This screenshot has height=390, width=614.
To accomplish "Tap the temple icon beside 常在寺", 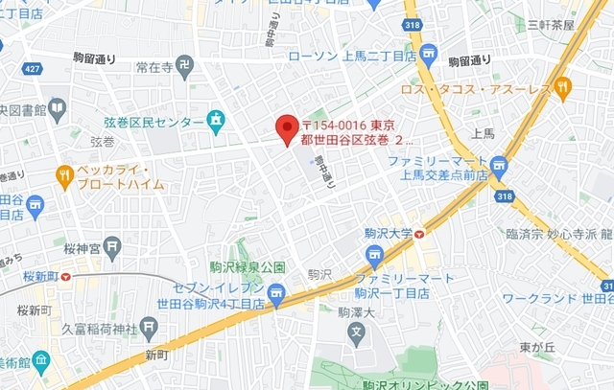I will click(x=185, y=66).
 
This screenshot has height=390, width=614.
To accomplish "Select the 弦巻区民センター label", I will click(x=153, y=123).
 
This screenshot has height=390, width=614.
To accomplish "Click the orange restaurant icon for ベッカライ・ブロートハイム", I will click(x=65, y=174).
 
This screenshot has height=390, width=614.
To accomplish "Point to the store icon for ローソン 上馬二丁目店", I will click(x=428, y=55).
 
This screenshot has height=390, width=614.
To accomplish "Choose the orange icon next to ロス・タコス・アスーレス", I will click(x=563, y=88).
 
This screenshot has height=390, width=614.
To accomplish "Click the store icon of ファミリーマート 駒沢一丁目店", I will click(x=373, y=254).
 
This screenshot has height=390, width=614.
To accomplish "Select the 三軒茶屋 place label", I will click(x=551, y=25).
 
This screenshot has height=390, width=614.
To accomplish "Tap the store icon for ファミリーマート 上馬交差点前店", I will click(x=498, y=169).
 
